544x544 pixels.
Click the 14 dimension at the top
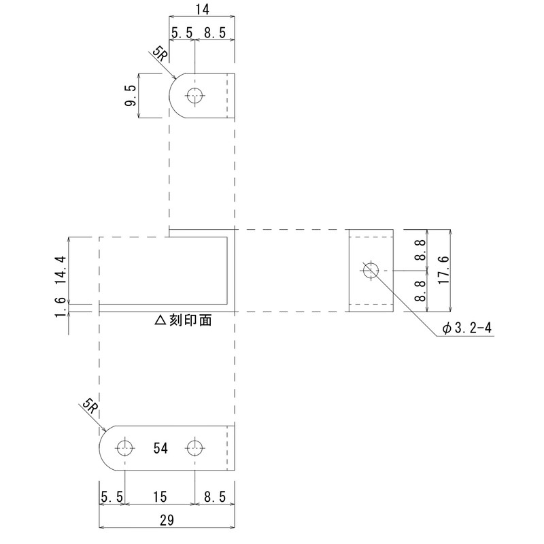coord(202,10)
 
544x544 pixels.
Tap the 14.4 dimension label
coord(61,269)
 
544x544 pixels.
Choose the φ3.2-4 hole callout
coord(466,328)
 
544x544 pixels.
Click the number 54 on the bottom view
coord(160,448)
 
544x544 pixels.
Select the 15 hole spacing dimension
coord(160,498)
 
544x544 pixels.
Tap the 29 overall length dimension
coord(167,520)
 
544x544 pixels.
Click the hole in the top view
coord(196,97)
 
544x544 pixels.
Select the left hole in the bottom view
coord(124,447)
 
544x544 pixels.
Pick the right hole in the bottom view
coord(196,447)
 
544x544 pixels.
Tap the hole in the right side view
coord(371,271)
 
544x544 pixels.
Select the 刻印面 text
coord(190,320)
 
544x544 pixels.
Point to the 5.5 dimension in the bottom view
coord(112,498)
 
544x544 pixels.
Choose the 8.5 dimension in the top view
coord(215,32)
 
